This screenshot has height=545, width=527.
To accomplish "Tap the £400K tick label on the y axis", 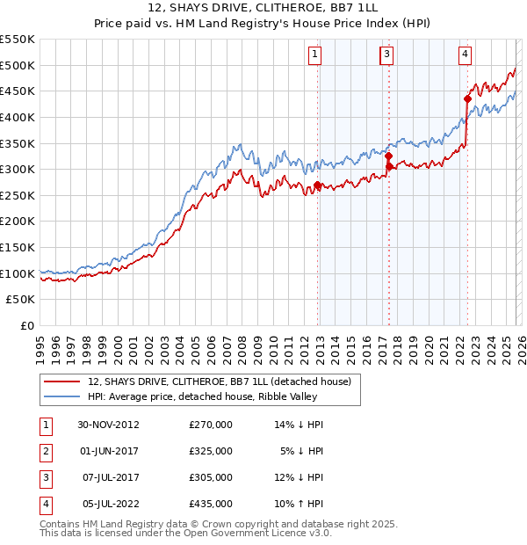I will point(18,117).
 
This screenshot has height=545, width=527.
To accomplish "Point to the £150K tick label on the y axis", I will point(18,248).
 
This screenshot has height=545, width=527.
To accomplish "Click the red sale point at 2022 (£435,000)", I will point(467,99).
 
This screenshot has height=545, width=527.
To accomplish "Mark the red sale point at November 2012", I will point(318,185).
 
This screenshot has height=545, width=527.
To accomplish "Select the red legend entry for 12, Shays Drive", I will point(219,381).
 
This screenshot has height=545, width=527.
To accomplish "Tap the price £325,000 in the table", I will point(211,451).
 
